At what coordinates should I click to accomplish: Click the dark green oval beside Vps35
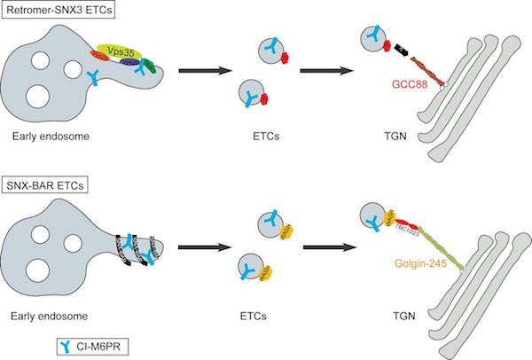coord(152,66)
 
